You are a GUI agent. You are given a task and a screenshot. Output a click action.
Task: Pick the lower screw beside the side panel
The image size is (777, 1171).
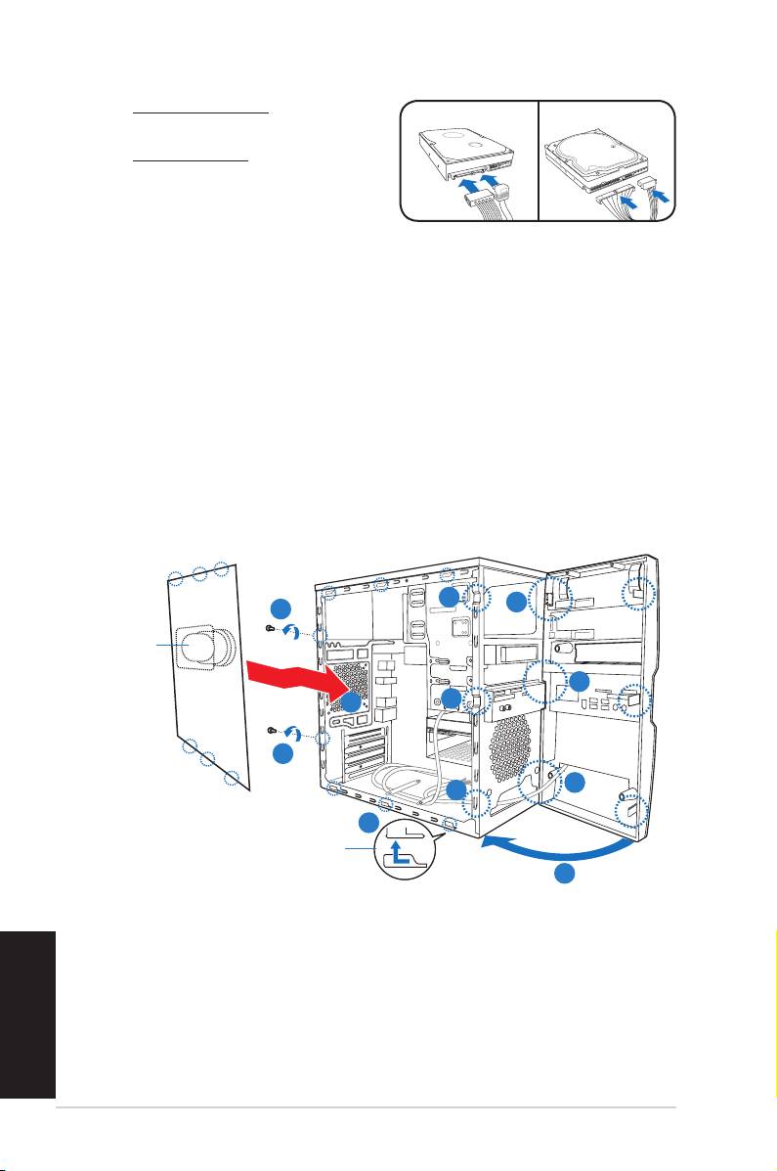273,731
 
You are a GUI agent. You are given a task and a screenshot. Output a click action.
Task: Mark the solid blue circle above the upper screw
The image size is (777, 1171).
281,605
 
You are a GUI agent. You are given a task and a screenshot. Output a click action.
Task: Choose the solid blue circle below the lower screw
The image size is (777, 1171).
281,754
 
